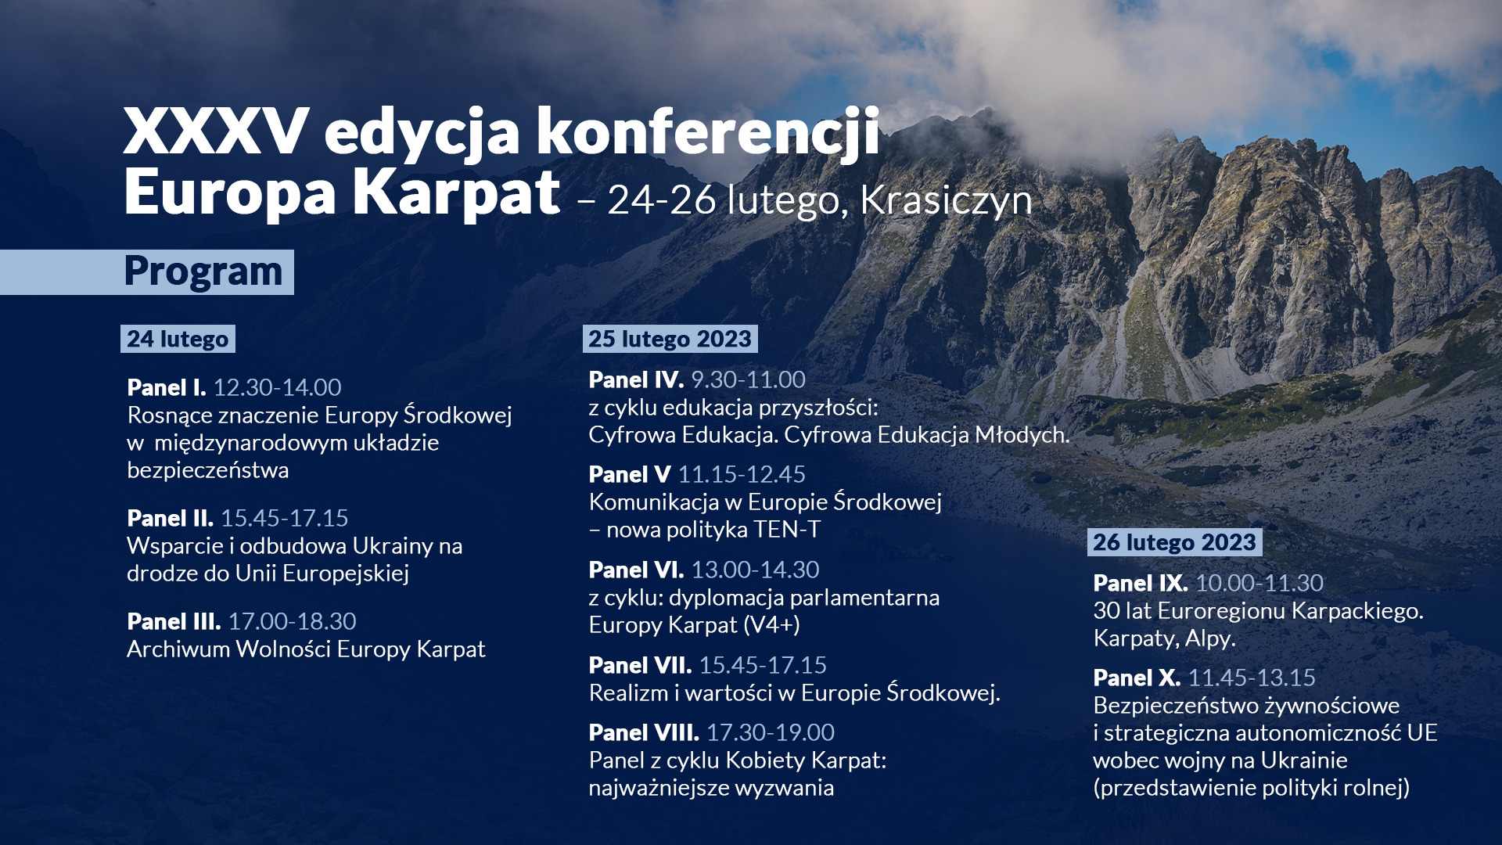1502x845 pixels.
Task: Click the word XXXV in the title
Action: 216,132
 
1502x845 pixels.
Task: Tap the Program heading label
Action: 203,272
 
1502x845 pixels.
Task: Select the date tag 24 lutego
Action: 178,339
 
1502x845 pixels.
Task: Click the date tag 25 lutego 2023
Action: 670,339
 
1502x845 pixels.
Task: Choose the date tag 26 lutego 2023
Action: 1174,542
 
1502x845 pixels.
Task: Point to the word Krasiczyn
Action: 946,200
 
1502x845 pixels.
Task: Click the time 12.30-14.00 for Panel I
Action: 277,387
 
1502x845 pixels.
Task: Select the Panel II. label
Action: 170,518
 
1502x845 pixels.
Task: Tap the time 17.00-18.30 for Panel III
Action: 292,621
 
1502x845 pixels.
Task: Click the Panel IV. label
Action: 636,379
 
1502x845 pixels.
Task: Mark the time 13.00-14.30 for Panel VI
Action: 755,570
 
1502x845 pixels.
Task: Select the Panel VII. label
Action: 640,665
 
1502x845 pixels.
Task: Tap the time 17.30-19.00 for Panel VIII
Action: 771,732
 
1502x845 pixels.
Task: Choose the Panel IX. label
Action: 1141,583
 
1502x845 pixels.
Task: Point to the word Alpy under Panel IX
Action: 1209,638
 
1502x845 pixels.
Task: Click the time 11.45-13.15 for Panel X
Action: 1252,678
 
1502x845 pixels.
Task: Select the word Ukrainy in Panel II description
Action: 393,546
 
